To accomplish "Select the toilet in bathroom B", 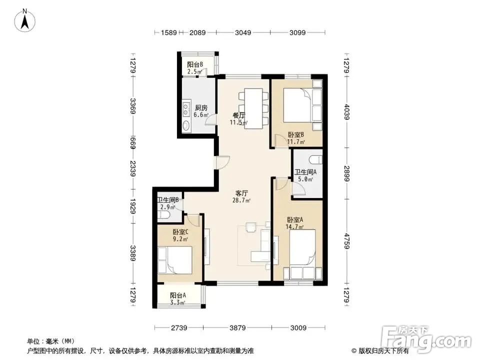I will point(163,215).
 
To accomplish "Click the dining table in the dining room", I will point(252,108).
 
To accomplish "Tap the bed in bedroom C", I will point(175,260).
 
